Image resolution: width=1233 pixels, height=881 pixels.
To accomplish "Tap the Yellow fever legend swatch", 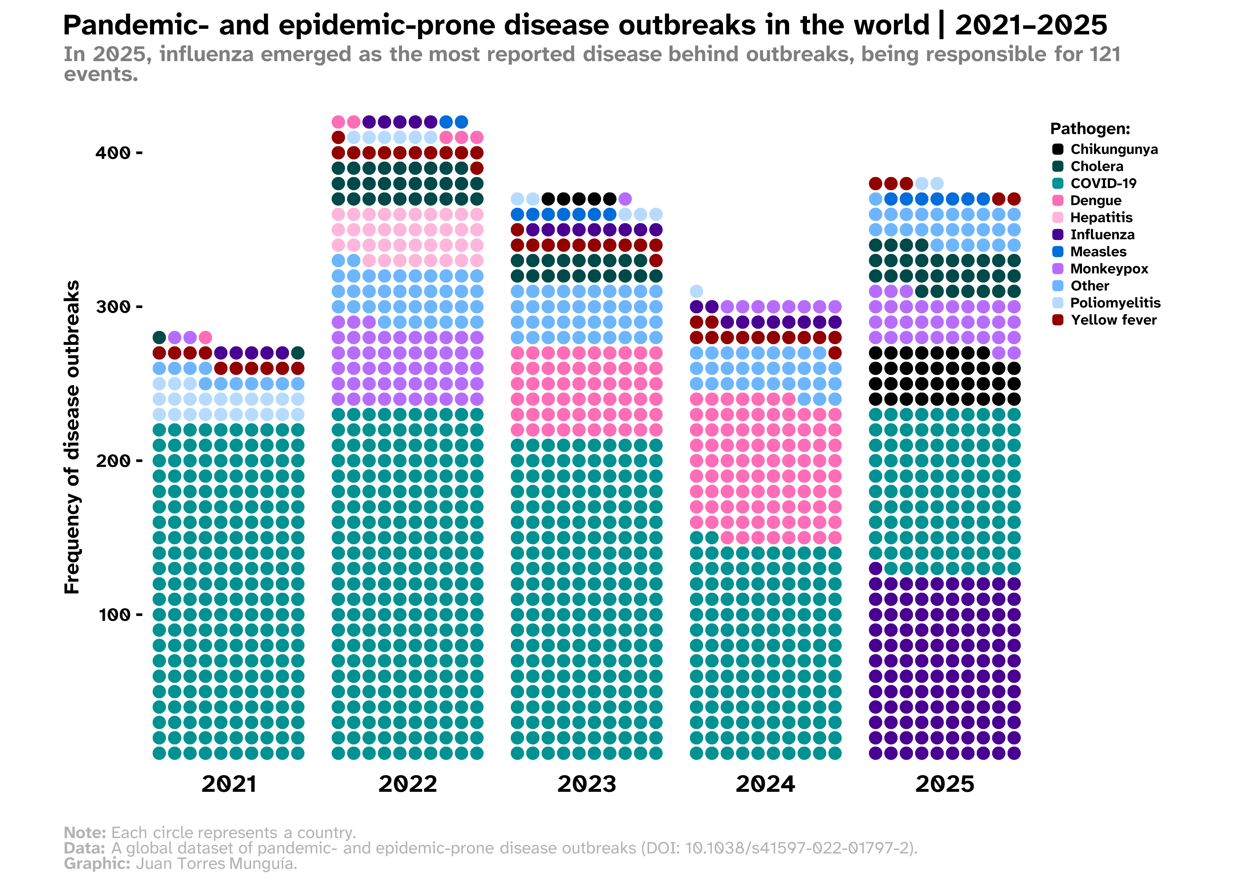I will click(1057, 320).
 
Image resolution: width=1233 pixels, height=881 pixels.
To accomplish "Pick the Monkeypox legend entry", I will click(1109, 268).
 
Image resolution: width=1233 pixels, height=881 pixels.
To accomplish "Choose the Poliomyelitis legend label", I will click(1115, 303).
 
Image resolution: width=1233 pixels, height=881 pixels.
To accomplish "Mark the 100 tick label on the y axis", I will click(114, 615).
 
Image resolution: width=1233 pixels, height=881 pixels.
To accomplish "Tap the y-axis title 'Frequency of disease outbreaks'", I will click(72, 437).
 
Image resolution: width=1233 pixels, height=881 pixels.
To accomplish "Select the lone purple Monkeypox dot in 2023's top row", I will click(625, 199).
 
